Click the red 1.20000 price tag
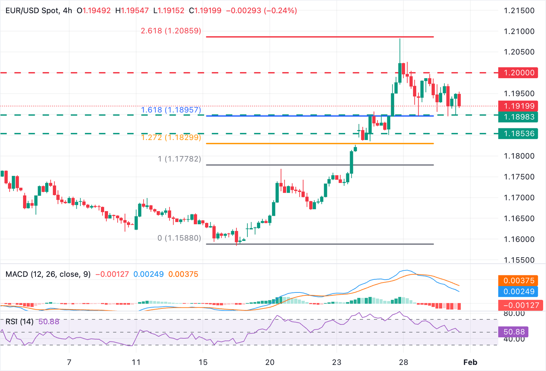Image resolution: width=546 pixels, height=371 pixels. click(518, 73)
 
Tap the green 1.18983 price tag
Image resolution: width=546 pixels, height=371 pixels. click(518, 117)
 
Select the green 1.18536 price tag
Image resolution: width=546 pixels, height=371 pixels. click(518, 134)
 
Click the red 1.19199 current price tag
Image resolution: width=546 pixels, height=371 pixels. click(518, 106)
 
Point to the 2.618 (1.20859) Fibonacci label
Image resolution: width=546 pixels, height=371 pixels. click(171, 31)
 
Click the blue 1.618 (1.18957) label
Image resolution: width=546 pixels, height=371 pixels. click(171, 110)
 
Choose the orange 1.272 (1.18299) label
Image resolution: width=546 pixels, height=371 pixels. click(171, 137)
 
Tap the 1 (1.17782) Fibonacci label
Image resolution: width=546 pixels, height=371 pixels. click(180, 159)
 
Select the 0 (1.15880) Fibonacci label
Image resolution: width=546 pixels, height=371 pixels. click(179, 238)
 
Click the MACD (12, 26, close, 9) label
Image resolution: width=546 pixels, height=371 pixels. click(48, 274)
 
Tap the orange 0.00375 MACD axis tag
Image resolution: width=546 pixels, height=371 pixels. click(518, 281)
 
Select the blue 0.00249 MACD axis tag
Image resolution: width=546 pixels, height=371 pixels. click(518, 292)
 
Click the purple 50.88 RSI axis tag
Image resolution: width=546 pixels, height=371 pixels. click(513, 332)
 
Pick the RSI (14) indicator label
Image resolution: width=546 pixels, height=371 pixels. click(19, 322)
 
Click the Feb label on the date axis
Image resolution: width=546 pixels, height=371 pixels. click(470, 362)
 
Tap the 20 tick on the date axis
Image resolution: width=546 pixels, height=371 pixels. click(270, 362)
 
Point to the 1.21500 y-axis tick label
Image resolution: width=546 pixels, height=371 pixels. click(519, 11)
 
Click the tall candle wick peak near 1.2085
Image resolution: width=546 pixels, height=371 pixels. click(400, 39)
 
